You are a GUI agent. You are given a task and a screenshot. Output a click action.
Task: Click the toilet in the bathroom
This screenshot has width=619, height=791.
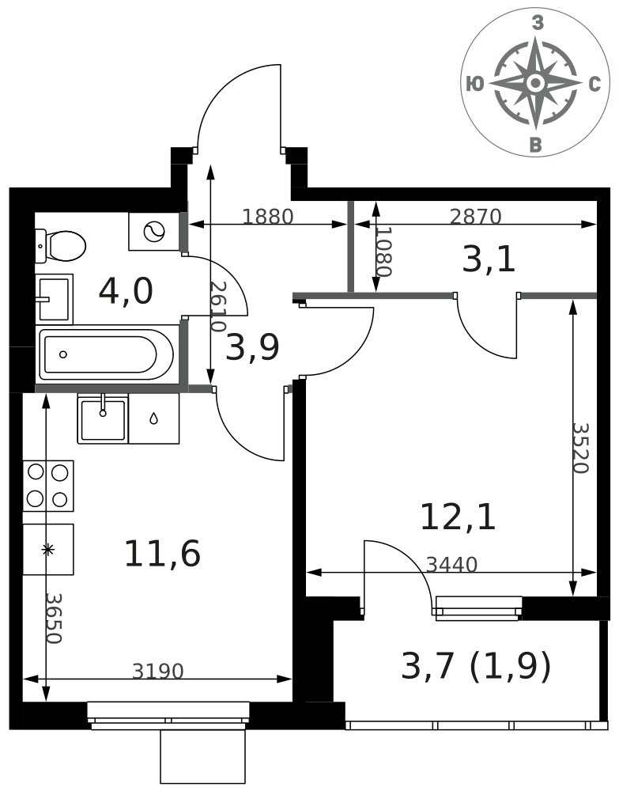61,246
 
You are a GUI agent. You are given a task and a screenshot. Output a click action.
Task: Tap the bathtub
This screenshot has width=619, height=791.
107,354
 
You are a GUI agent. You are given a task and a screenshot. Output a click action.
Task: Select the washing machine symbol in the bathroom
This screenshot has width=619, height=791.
154,232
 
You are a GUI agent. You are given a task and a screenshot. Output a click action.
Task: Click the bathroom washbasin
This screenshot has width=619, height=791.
54,299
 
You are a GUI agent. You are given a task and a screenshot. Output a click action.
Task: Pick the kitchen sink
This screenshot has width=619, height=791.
103,418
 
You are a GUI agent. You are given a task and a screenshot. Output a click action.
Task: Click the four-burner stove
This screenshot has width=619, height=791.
48,486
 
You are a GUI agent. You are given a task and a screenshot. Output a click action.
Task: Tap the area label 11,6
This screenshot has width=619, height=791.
162,554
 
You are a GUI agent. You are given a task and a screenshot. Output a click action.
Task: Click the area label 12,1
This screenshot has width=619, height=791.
458,517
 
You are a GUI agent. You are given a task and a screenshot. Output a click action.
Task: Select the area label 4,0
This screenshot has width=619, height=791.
126,292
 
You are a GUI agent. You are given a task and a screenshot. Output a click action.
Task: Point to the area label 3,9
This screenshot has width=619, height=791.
252,347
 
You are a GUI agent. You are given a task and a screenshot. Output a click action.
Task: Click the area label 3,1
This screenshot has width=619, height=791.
489,260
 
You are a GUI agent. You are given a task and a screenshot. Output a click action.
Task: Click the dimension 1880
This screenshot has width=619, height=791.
268,217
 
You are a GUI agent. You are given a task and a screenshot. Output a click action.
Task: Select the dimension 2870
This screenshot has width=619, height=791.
476,217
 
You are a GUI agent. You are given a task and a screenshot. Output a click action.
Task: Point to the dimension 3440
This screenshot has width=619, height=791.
451,565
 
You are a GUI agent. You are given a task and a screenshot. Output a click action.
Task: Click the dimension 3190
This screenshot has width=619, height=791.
158,672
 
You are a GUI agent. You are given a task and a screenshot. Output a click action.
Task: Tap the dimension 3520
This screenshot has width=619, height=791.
581,448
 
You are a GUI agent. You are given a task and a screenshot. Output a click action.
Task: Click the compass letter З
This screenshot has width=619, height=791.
538,23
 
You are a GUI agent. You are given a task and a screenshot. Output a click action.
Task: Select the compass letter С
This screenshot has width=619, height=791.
595,85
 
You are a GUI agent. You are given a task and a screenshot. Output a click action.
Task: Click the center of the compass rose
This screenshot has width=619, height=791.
535,82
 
